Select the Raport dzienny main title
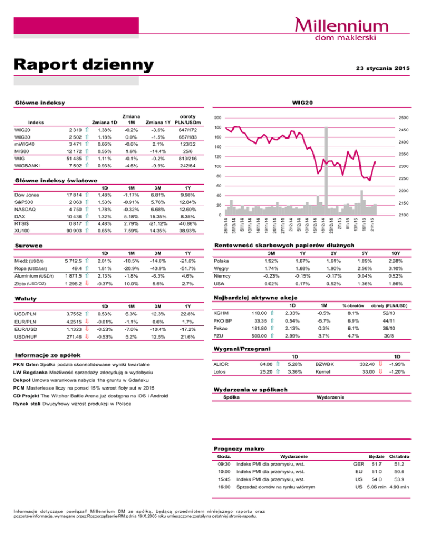[83, 64]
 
